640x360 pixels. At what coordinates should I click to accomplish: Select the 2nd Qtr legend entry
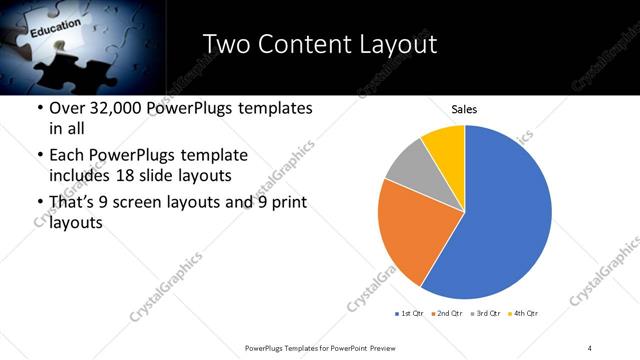point(449,314)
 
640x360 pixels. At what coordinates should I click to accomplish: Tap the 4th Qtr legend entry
point(526,314)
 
